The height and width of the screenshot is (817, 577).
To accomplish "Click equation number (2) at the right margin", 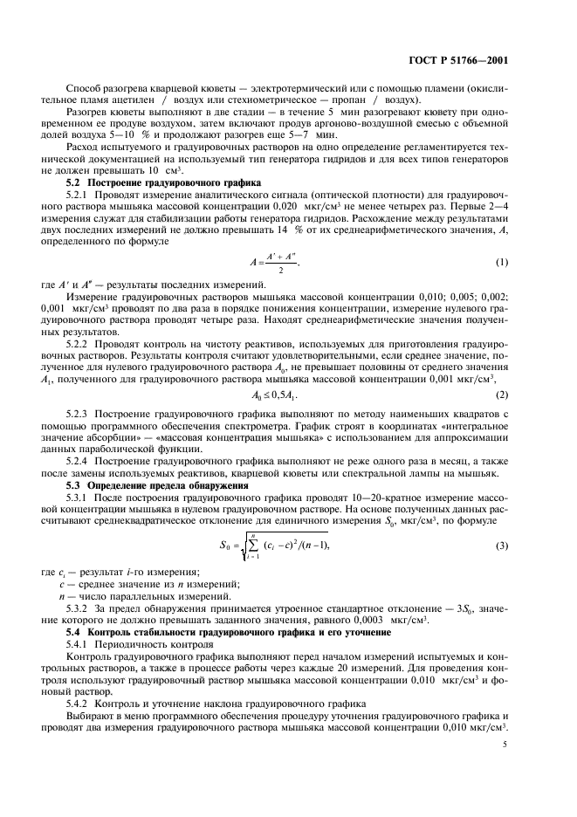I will (502, 395).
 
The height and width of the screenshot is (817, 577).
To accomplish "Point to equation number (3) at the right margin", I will (502, 546).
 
